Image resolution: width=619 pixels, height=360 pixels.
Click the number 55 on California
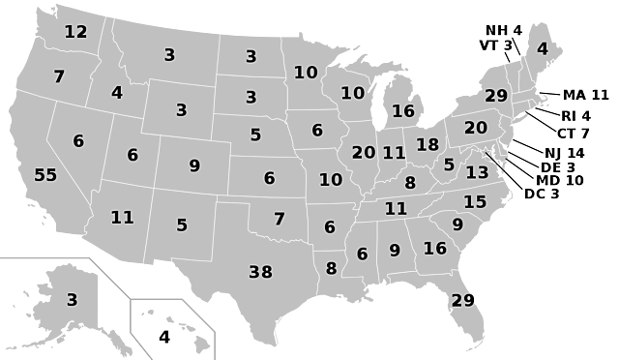click(x=45, y=175)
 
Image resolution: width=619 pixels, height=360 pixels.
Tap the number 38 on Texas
click(x=260, y=272)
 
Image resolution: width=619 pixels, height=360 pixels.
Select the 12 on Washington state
click(x=75, y=32)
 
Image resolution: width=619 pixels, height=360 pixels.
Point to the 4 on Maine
click(x=542, y=49)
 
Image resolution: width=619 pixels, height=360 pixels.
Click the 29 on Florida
click(x=462, y=300)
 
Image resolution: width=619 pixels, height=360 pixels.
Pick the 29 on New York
click(x=496, y=96)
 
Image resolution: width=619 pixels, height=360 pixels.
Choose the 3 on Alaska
click(x=72, y=300)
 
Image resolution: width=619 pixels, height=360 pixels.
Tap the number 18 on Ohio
click(x=427, y=145)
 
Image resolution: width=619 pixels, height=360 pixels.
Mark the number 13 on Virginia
click(x=477, y=173)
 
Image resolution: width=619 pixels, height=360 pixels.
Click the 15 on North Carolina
click(x=475, y=202)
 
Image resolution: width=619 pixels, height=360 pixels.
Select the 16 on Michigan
click(x=402, y=111)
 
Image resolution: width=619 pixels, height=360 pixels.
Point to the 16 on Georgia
click(x=434, y=249)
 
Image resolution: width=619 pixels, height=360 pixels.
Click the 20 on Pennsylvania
click(x=476, y=128)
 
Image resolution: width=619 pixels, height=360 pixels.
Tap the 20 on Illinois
click(x=364, y=153)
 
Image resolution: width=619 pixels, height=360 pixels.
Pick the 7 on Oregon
click(x=59, y=76)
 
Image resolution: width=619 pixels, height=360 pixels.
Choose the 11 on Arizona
click(x=122, y=218)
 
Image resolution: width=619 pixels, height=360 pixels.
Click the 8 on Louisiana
click(x=331, y=269)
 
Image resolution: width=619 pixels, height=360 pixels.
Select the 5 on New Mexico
click(x=182, y=225)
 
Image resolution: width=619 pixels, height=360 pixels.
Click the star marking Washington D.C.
click(x=486, y=152)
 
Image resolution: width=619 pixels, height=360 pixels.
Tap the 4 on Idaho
click(x=117, y=93)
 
